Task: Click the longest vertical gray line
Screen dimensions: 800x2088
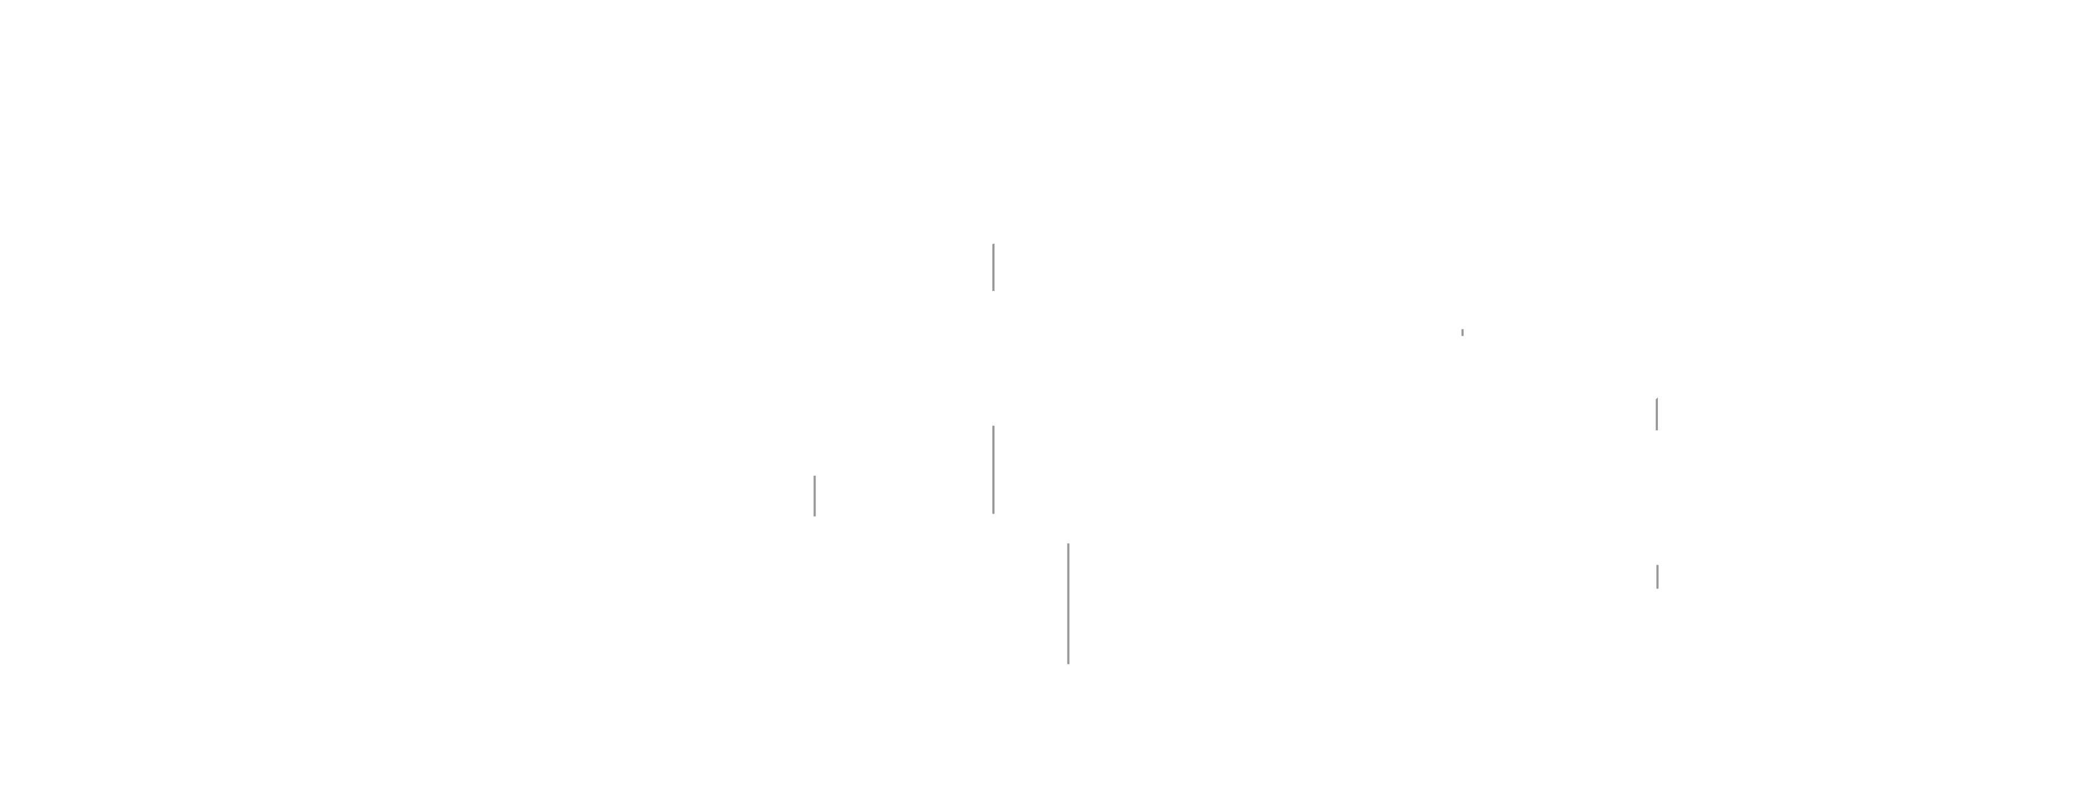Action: (1068, 604)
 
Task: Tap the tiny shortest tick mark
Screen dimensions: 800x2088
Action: (1462, 332)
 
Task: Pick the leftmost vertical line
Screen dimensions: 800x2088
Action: (815, 495)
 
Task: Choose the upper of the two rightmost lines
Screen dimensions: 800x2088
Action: (1657, 414)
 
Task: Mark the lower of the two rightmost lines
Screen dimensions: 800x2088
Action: (1657, 576)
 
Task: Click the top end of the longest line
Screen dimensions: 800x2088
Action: (1068, 545)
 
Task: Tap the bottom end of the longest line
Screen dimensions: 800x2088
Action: (1068, 663)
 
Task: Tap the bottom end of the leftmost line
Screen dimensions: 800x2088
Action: (815, 514)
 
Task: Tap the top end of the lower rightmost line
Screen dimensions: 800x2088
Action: (1657, 566)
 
